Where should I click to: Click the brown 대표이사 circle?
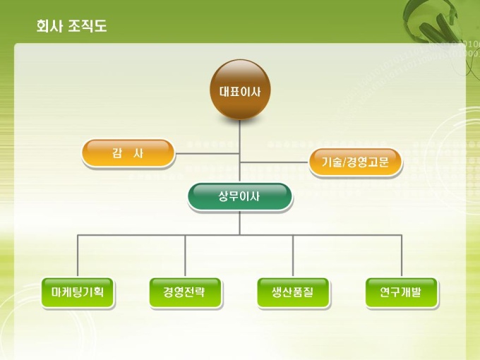pos(240,90)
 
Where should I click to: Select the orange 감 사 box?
pos(128,153)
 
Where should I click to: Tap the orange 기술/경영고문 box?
pos(355,162)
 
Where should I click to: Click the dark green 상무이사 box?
pos(240,197)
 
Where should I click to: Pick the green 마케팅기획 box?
pos(78,292)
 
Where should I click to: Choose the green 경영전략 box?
pos(186,292)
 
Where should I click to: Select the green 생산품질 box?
pos(294,292)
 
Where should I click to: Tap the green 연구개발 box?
pos(402,292)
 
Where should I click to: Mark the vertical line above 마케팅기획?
pos(78,256)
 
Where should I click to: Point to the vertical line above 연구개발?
pos(402,256)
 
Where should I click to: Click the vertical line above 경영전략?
pos(186,256)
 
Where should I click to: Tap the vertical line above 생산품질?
pos(294,256)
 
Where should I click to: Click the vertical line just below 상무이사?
pos(240,222)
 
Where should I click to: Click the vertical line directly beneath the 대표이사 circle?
pos(240,134)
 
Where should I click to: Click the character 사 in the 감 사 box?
pos(138,153)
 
